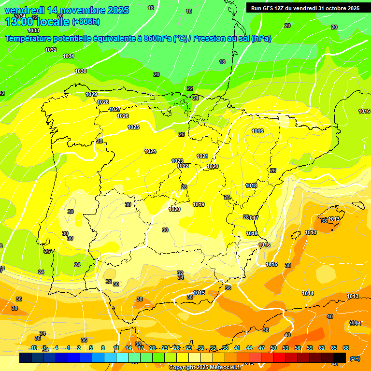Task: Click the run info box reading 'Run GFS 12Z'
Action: coord(305,8)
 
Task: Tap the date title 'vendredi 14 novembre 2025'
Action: coord(67,10)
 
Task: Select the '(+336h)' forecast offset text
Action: coord(86,21)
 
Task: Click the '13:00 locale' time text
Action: coord(37,21)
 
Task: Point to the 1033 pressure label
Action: coord(33,30)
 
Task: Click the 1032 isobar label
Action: coord(50,50)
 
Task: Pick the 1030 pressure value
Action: coord(81,71)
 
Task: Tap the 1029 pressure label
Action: coord(91,94)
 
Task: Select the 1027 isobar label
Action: coord(115,109)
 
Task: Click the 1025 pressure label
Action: coord(133,127)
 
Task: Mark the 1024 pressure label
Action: coord(150,151)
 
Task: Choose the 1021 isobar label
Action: coord(202,156)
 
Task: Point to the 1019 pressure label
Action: coord(199,204)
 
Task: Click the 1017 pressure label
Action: coord(254,218)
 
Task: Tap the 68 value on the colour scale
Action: coord(346,348)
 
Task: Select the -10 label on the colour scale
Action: coord(33,348)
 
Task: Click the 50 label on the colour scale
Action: coord(273,348)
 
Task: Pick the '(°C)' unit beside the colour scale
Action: coord(354,358)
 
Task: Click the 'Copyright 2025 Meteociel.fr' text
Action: coord(205,368)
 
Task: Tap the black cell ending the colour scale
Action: coord(340,357)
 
